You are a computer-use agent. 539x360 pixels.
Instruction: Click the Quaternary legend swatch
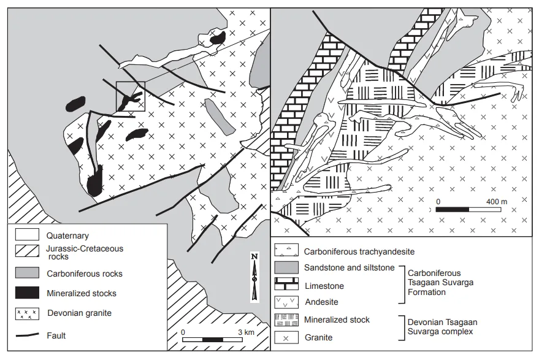27,234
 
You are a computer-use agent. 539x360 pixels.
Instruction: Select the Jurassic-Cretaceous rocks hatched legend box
27,251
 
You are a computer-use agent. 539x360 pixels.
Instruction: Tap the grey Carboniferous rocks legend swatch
27,273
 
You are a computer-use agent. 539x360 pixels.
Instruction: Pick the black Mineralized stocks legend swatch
27,293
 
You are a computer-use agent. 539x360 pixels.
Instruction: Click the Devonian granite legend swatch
27,313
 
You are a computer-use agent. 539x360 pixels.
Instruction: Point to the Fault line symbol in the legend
28,335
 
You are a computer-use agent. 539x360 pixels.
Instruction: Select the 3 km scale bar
212,340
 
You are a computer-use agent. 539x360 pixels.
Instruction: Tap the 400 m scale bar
468,209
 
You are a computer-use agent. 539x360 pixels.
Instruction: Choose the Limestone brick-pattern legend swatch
286,284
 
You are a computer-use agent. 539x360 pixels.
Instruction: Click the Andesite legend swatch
286,302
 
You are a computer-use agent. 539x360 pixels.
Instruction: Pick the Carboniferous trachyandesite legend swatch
286,250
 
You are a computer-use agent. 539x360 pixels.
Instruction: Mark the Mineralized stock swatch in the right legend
286,320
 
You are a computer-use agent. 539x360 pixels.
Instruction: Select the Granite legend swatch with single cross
286,338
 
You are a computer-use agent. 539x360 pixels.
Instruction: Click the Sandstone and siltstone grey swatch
286,267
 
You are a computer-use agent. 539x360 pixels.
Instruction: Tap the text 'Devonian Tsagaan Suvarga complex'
442,327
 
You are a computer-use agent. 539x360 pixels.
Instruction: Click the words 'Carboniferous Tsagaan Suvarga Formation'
440,283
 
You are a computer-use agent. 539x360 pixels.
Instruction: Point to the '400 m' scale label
496,202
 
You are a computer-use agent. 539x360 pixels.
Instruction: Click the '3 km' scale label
246,332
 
